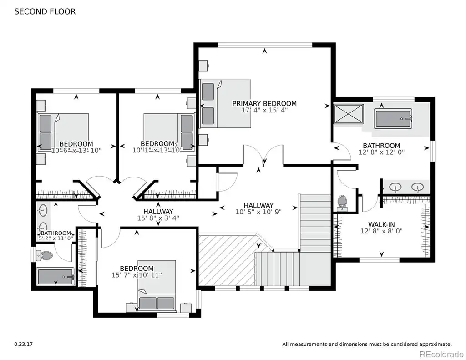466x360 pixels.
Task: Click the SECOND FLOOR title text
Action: point(45,11)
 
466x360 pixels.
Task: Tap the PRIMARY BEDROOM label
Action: point(264,103)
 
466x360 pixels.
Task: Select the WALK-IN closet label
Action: point(381,224)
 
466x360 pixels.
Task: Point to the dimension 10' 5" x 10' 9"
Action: point(258,212)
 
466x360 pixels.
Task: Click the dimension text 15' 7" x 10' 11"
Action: point(137,275)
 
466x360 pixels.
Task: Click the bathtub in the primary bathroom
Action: point(393,119)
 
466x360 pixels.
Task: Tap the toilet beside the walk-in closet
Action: point(342,203)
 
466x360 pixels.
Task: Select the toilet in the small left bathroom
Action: point(44,255)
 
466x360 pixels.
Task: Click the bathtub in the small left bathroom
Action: point(55,276)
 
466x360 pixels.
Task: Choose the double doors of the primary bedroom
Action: point(263,155)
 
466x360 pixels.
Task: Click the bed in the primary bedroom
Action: point(225,104)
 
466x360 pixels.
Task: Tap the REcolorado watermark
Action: point(441,354)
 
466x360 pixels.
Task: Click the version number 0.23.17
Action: point(24,344)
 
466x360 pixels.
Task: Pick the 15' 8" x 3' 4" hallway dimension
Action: point(158,218)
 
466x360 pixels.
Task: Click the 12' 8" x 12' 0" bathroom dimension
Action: point(381,152)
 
